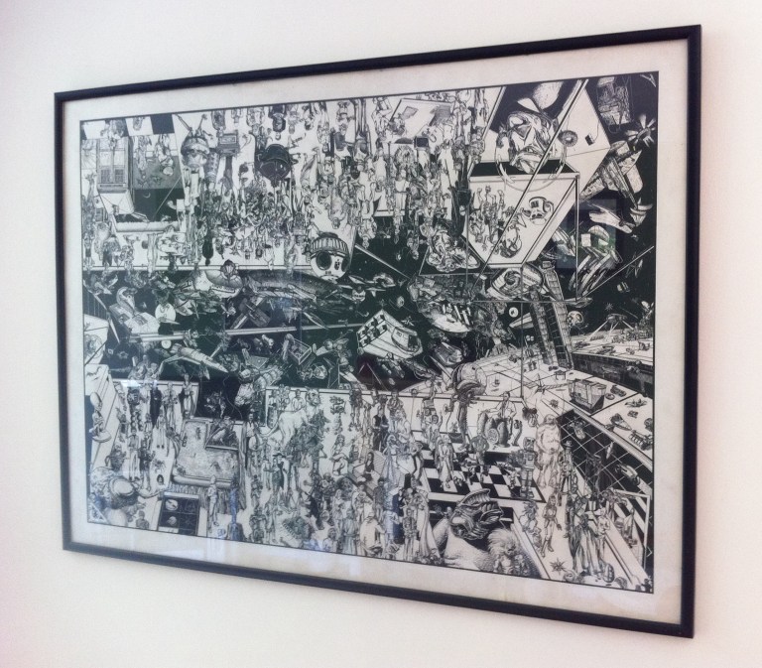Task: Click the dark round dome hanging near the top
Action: [x=275, y=156]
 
